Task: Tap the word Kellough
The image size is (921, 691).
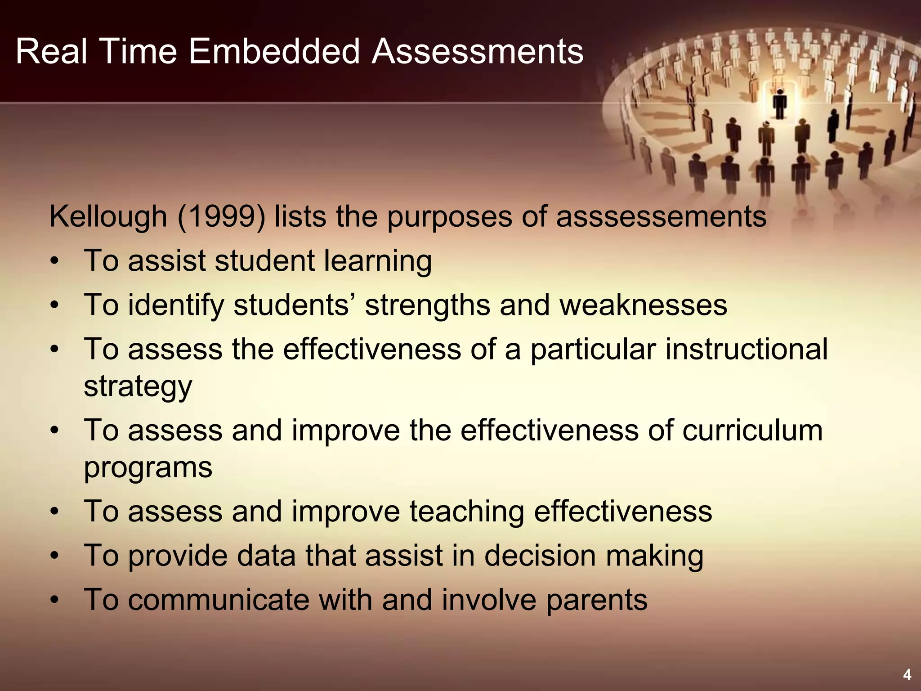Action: click(108, 217)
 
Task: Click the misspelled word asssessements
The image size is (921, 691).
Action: click(661, 217)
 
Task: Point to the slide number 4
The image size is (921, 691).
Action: click(907, 674)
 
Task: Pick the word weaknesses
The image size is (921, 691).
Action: click(643, 305)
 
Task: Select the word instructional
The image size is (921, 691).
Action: click(747, 349)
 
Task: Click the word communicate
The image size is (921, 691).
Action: click(219, 600)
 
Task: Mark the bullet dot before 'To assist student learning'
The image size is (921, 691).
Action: click(54, 262)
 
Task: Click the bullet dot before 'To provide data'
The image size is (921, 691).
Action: click(54, 556)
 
